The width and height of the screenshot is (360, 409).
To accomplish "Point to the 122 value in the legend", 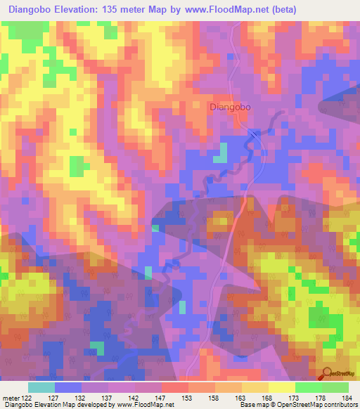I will [27, 397].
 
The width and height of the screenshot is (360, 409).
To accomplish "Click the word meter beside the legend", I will [9, 397].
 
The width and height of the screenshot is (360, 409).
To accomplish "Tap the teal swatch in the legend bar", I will [41, 387].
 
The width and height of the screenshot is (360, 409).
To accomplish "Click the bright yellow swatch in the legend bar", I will [282, 387].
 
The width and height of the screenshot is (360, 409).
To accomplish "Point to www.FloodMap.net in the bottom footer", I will [145, 405].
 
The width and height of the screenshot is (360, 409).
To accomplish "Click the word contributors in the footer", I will [340, 405].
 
